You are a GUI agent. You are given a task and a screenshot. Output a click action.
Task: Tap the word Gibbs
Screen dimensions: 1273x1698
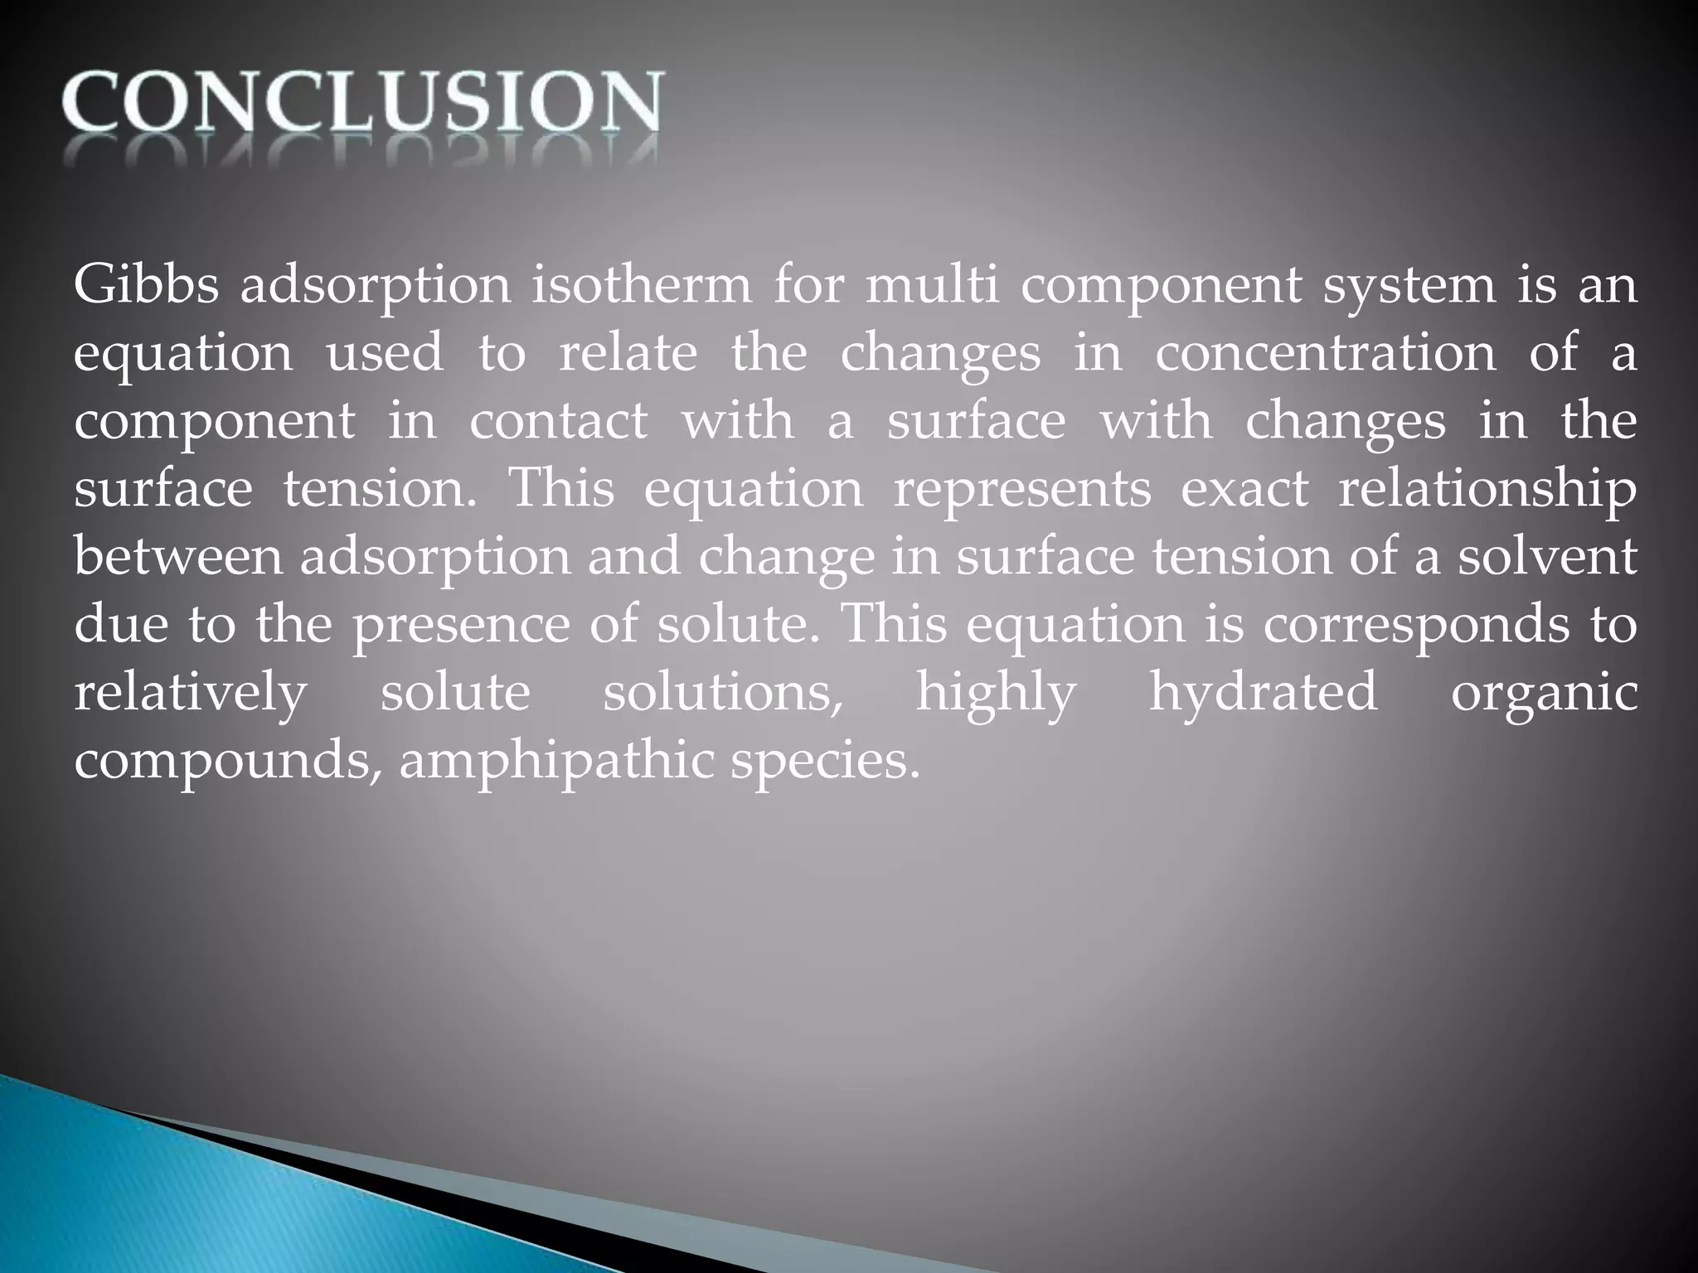point(146,286)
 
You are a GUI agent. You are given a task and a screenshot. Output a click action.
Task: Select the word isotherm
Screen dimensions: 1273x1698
point(640,286)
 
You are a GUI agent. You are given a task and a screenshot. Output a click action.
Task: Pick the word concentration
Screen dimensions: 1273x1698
point(1325,354)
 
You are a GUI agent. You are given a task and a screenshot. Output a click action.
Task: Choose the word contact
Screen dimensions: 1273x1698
point(558,422)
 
